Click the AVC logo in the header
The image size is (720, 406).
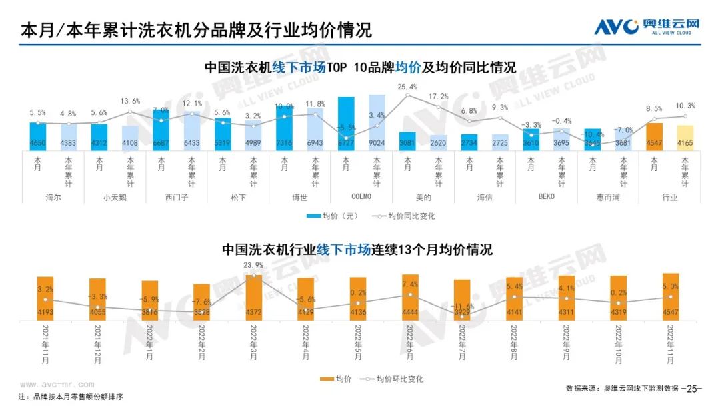646,27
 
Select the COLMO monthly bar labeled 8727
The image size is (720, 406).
345,123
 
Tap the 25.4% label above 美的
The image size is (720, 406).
407,87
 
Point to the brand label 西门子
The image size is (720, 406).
176,198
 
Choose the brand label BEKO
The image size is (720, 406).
546,198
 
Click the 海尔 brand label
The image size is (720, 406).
53,198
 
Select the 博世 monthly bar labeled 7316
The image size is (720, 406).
284,127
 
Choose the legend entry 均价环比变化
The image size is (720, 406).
393,379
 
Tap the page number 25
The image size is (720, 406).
695,388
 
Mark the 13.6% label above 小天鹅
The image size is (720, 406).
130,101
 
